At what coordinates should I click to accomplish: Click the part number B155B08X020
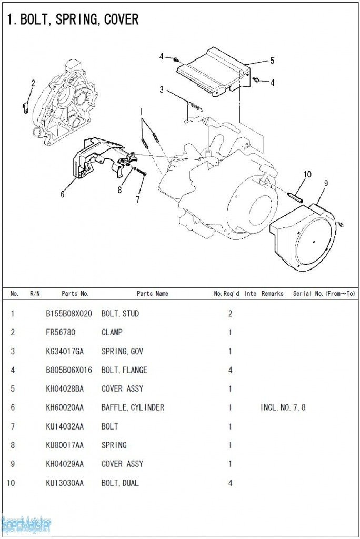click(68, 314)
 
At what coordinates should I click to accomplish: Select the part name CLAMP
click(112, 333)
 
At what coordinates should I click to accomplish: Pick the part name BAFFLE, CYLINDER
click(133, 407)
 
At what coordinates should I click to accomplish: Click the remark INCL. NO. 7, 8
click(283, 407)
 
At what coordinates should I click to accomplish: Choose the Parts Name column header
click(153, 294)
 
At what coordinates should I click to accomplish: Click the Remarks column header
click(272, 294)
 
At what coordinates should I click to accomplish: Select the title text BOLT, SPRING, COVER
click(73, 19)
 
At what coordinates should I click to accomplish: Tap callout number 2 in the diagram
click(33, 83)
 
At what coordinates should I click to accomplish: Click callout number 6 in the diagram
click(63, 194)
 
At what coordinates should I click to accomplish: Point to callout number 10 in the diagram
click(307, 174)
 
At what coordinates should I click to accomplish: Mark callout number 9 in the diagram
click(326, 183)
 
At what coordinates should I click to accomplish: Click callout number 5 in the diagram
click(272, 61)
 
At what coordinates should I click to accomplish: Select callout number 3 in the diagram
click(162, 90)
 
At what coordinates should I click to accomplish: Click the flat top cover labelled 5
click(211, 71)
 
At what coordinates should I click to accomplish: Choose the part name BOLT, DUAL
click(120, 483)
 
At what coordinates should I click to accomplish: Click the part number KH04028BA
click(65, 389)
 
